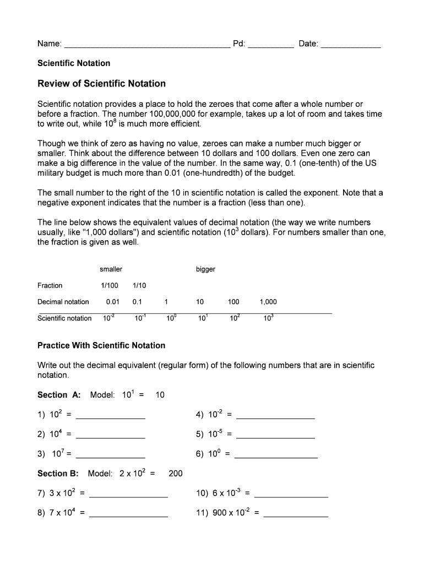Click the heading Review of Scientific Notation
point(101,84)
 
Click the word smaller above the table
point(111,269)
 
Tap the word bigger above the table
point(205,269)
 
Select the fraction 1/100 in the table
point(109,285)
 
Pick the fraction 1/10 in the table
point(139,285)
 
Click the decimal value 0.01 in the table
point(112,302)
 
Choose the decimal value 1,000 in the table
point(268,302)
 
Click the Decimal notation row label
point(63,302)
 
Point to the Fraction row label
point(50,285)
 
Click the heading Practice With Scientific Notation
point(101,345)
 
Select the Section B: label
point(58,474)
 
